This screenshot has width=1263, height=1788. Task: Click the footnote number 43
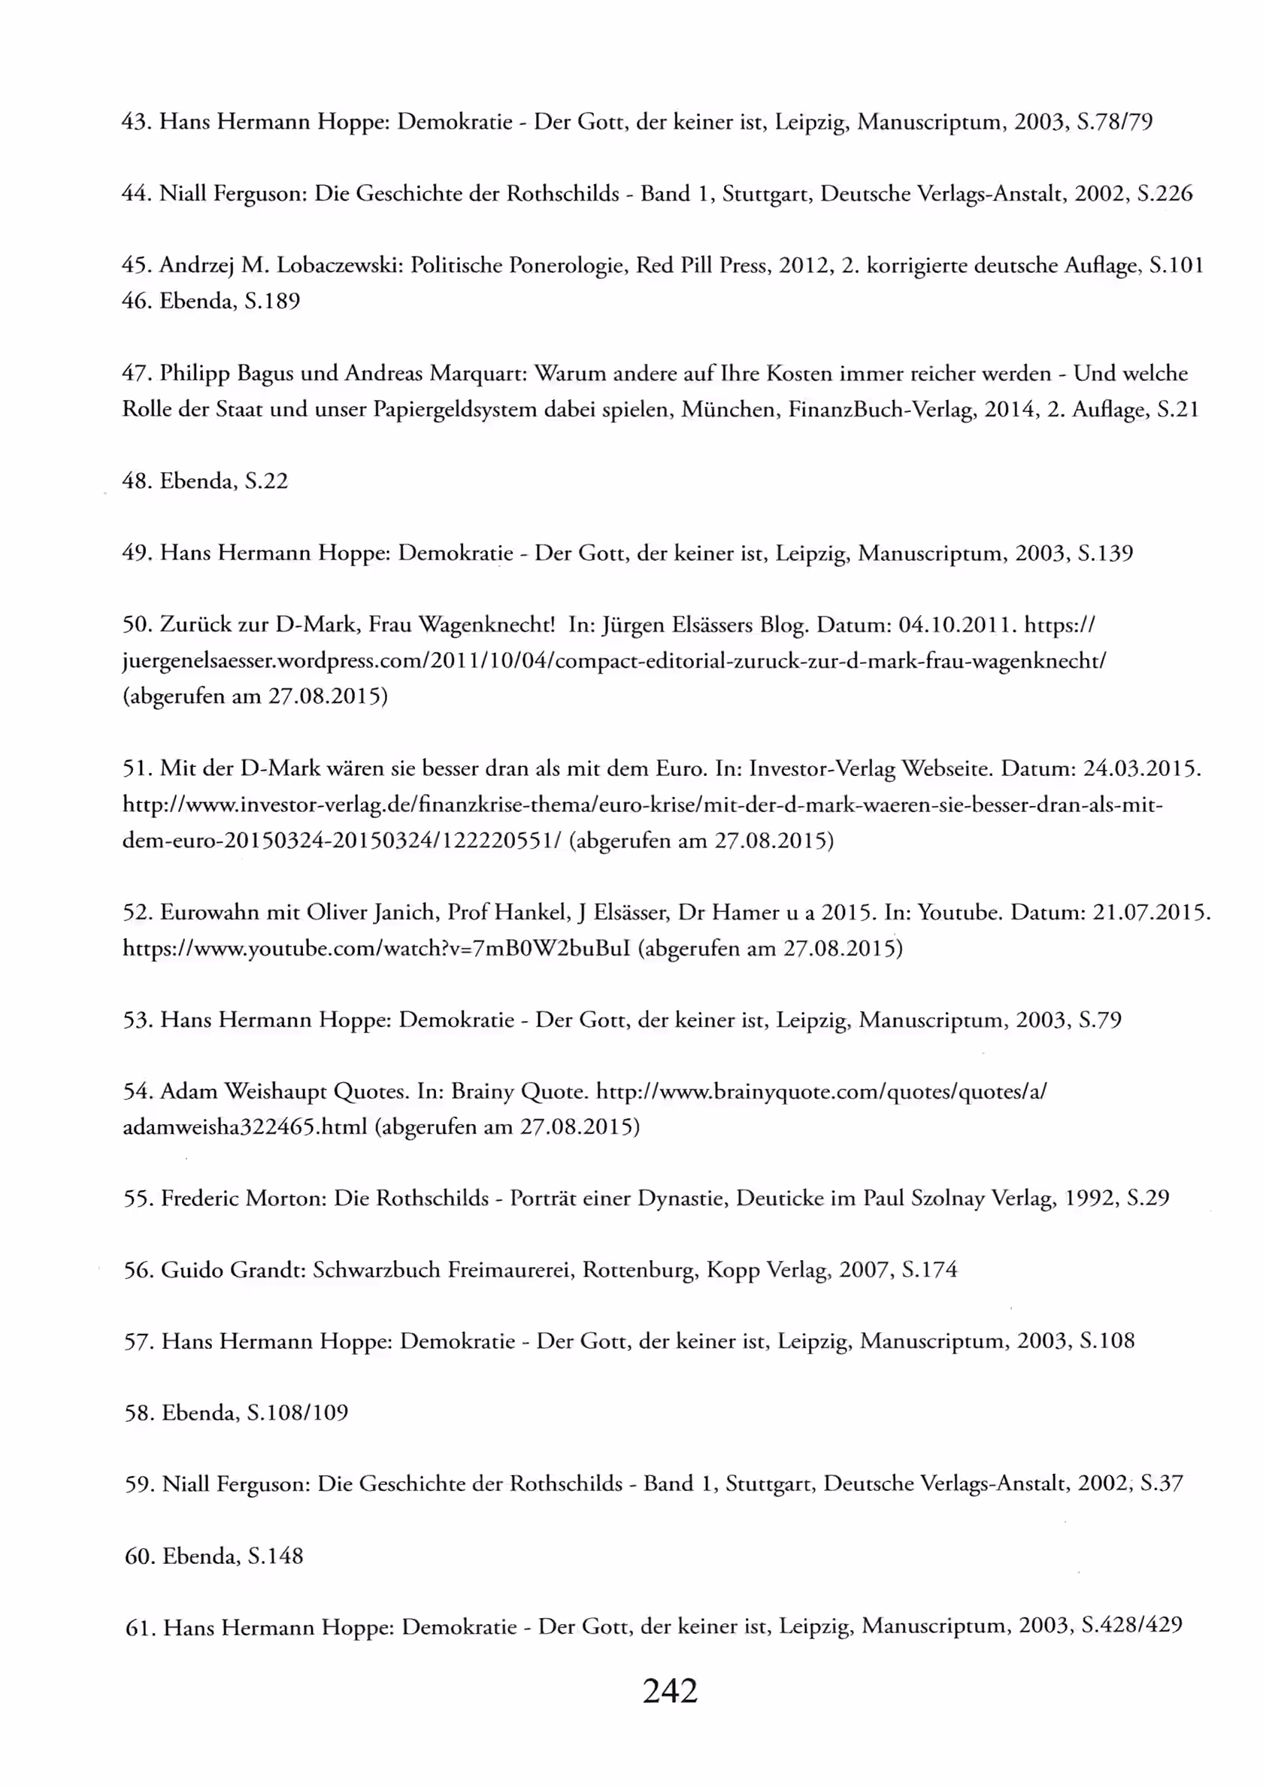[136, 123]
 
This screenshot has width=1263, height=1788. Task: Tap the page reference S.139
[1105, 553]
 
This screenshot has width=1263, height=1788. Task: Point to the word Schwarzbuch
[377, 1270]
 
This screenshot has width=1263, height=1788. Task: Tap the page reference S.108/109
[298, 1414]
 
